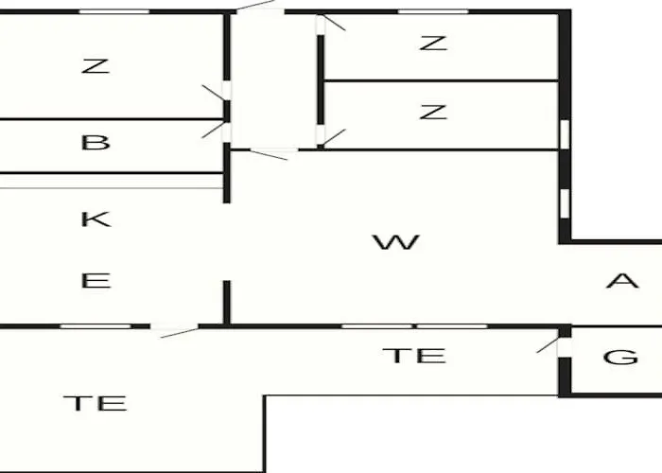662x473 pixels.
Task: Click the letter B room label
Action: click(96, 142)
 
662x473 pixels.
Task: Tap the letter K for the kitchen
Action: click(96, 219)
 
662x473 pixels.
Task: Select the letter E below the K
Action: click(96, 281)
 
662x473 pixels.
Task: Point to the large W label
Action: click(396, 242)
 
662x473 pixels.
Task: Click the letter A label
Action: click(622, 280)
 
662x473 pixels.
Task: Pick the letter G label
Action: click(620, 358)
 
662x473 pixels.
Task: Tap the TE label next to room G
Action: click(414, 356)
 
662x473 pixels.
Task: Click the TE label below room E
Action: click(95, 403)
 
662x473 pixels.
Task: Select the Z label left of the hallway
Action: click(96, 66)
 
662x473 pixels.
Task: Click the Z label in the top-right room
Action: click(433, 44)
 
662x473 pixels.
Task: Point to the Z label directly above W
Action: click(433, 112)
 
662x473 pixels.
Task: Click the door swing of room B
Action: click(213, 130)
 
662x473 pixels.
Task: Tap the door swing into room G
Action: click(548, 345)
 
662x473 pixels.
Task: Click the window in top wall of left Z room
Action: click(114, 11)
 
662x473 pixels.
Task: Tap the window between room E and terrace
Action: click(96, 326)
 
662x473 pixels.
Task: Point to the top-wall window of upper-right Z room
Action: click(433, 11)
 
